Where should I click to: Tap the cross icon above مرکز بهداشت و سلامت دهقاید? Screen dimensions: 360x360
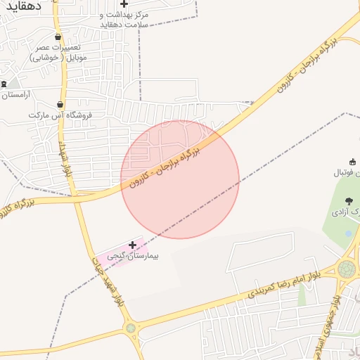(124, 4)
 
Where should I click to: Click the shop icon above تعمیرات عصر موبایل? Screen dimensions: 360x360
(58, 37)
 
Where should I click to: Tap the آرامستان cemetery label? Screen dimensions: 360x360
(18, 94)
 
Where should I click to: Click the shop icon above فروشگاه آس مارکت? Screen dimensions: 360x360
(61, 103)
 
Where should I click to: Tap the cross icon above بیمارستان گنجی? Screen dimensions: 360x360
(132, 245)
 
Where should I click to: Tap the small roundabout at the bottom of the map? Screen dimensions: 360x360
(130, 328)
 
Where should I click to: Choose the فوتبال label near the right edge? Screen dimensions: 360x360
(350, 172)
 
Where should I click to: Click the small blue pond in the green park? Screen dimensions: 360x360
(347, 233)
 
